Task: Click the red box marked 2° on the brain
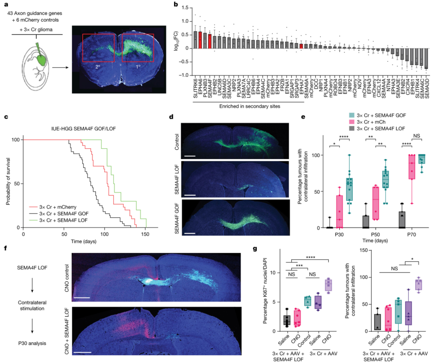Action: point(98,48)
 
